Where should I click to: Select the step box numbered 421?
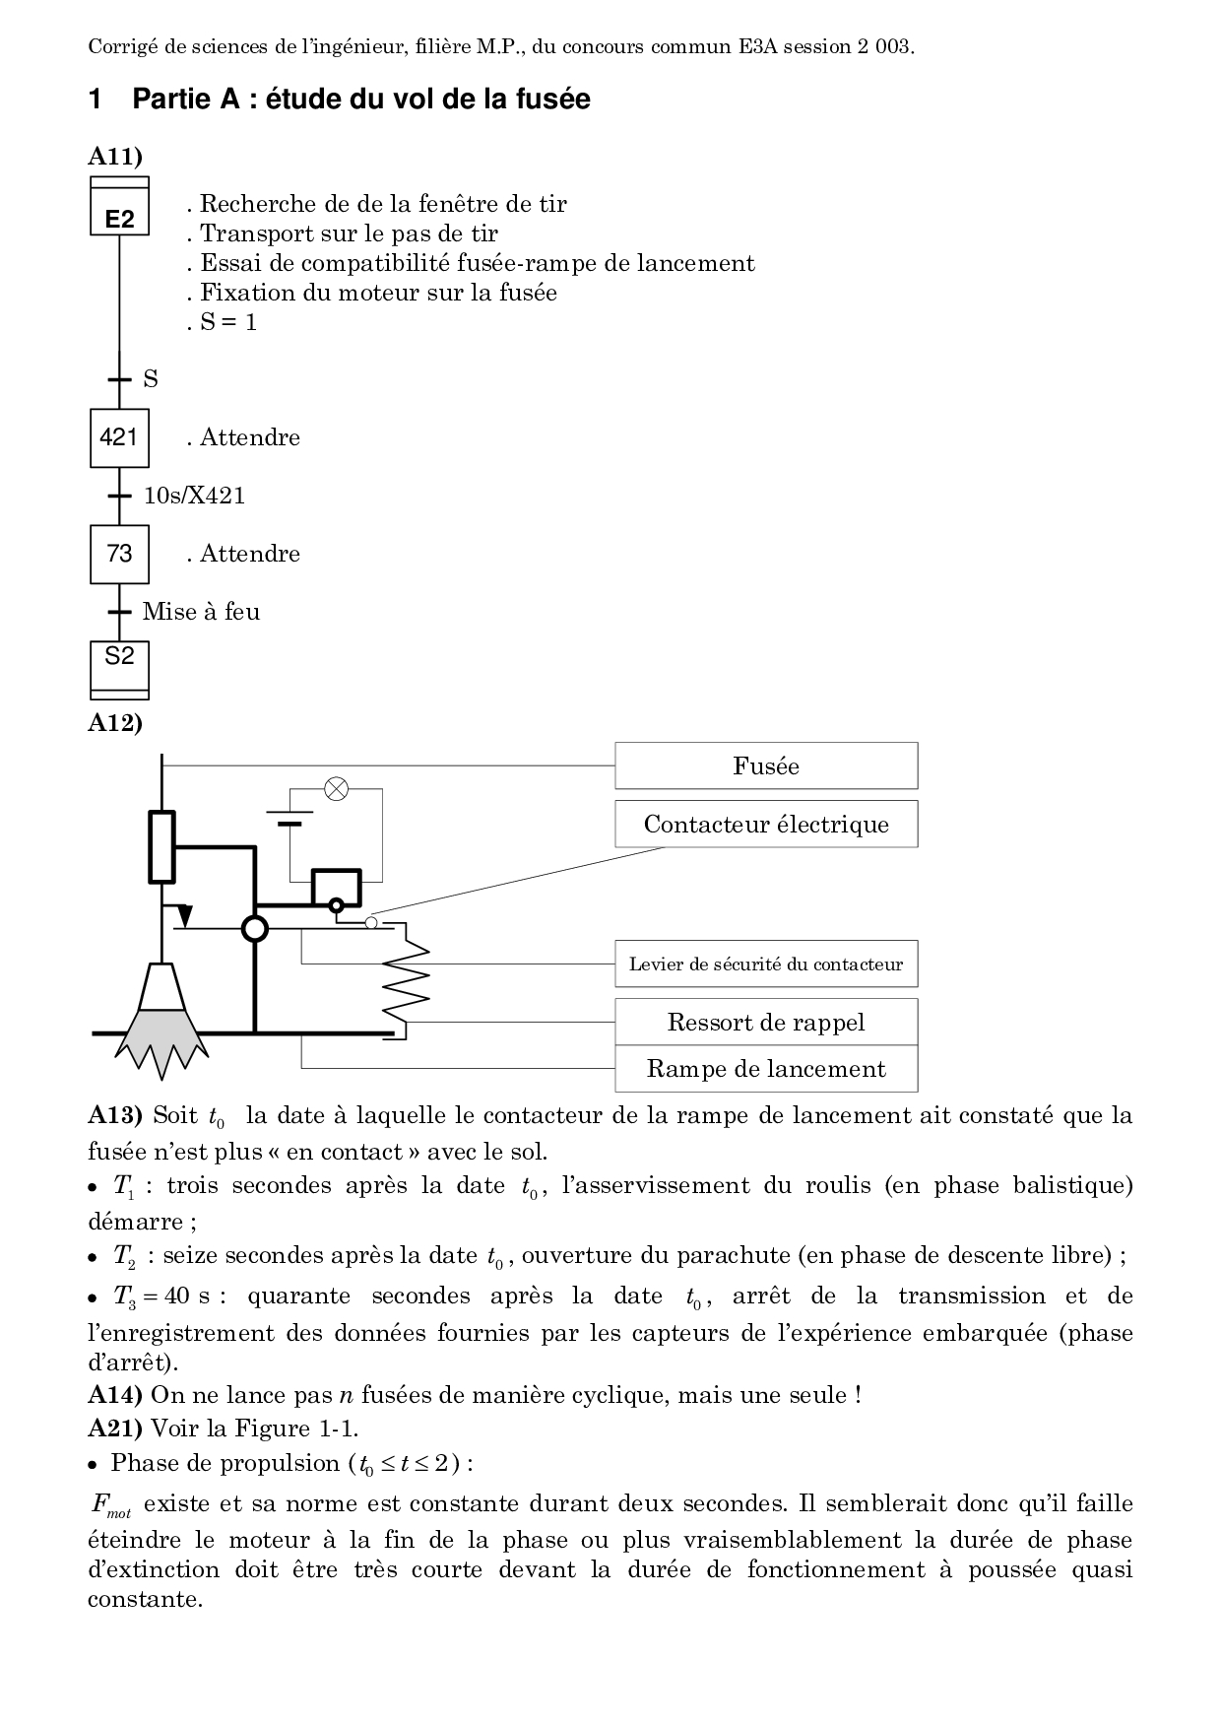(119, 437)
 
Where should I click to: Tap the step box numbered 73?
(119, 554)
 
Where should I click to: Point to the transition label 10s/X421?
(195, 496)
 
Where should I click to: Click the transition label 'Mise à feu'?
(202, 612)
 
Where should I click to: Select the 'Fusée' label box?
(766, 766)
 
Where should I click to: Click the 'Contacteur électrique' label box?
(766, 825)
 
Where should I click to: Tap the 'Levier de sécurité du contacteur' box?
(766, 964)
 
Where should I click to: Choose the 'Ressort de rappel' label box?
(766, 1023)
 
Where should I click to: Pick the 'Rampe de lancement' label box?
(766, 1069)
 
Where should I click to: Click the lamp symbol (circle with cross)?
(337, 788)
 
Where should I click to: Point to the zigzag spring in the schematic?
(407, 981)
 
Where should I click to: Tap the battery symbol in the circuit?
(289, 818)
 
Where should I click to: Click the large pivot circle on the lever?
(255, 928)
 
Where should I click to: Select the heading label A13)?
(115, 1116)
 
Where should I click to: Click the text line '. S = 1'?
(223, 322)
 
